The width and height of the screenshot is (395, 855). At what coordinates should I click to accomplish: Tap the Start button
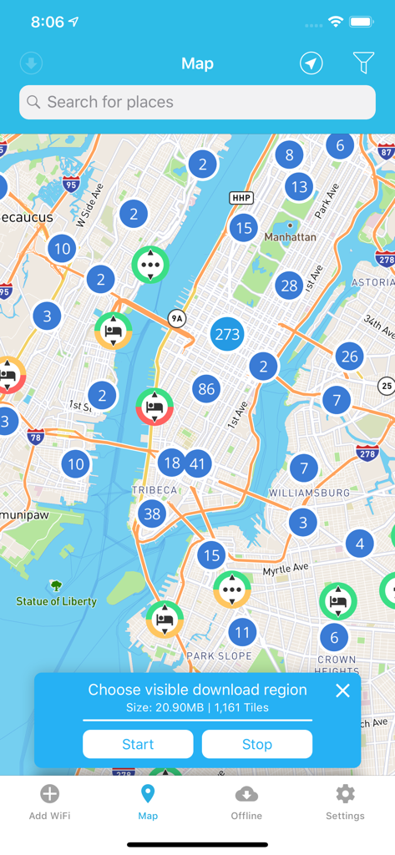pyautogui.click(x=138, y=744)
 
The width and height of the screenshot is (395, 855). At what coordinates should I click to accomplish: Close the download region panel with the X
pyautogui.click(x=342, y=691)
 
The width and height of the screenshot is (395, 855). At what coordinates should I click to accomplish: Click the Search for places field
pyautogui.click(x=197, y=102)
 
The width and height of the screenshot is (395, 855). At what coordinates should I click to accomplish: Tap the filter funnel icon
pyautogui.click(x=363, y=63)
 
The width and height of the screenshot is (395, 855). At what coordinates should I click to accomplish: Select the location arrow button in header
pyautogui.click(x=311, y=63)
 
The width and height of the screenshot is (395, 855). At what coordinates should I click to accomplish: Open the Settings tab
pyautogui.click(x=345, y=802)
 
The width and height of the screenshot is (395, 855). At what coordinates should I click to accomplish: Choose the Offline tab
pyautogui.click(x=246, y=802)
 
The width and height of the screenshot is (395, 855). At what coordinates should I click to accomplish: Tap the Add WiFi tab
pyautogui.click(x=49, y=802)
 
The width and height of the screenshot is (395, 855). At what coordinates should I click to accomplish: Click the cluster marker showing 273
pyautogui.click(x=227, y=335)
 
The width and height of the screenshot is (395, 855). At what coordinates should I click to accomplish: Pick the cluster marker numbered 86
pyautogui.click(x=206, y=388)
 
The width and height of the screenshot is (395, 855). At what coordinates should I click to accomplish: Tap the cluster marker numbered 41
pyautogui.click(x=198, y=463)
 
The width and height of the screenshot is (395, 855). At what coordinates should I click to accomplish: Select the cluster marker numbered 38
pyautogui.click(x=152, y=514)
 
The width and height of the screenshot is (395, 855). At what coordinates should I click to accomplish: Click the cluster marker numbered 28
pyautogui.click(x=289, y=286)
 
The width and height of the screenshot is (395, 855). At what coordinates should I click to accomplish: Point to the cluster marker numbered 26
pyautogui.click(x=349, y=357)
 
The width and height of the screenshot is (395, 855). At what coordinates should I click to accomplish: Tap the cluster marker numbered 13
pyautogui.click(x=299, y=186)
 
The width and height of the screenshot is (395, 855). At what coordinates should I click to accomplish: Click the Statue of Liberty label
pyautogui.click(x=56, y=600)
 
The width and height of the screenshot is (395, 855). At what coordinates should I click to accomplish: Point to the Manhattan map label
pyautogui.click(x=290, y=237)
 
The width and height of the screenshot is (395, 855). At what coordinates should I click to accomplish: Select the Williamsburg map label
pyautogui.click(x=309, y=493)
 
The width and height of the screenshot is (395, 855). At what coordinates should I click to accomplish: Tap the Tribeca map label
pyautogui.click(x=155, y=490)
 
